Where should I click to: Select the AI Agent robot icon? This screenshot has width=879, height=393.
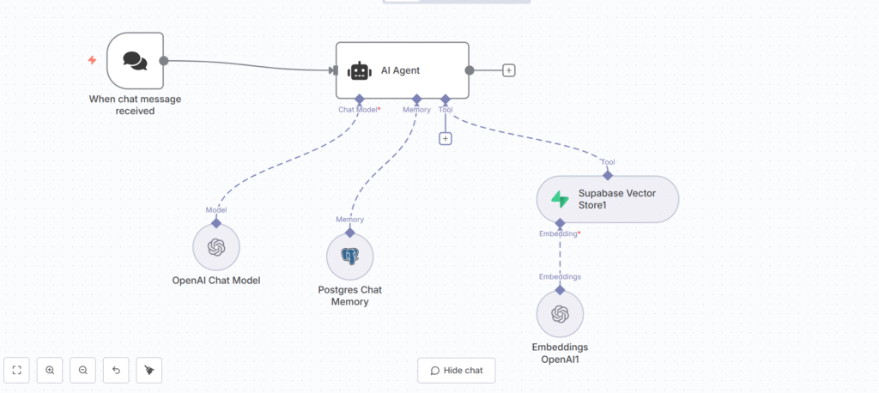coord(358,71)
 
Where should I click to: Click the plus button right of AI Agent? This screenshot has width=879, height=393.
coord(509,70)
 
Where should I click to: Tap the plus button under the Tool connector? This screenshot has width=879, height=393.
coord(445,138)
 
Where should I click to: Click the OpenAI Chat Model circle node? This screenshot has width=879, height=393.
coord(216,247)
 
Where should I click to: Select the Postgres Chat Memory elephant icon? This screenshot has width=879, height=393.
coord(349,257)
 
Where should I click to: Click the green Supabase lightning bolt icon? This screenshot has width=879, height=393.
coord(560,200)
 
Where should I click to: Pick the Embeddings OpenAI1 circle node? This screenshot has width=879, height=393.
coord(560,314)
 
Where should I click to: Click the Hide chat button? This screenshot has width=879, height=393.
coord(457,370)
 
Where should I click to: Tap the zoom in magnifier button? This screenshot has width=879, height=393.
coord(50,370)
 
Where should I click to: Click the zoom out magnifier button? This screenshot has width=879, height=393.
coord(83,370)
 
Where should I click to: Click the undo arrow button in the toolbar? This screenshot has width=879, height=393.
coord(116,370)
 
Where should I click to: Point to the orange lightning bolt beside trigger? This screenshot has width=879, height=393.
coord(92,60)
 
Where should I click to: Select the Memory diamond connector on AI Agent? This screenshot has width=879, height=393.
coord(416,99)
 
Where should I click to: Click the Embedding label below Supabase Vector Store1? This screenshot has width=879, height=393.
coord(559,233)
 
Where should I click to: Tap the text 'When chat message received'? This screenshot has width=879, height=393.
coord(134,105)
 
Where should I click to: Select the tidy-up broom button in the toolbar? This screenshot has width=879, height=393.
coord(149,370)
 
